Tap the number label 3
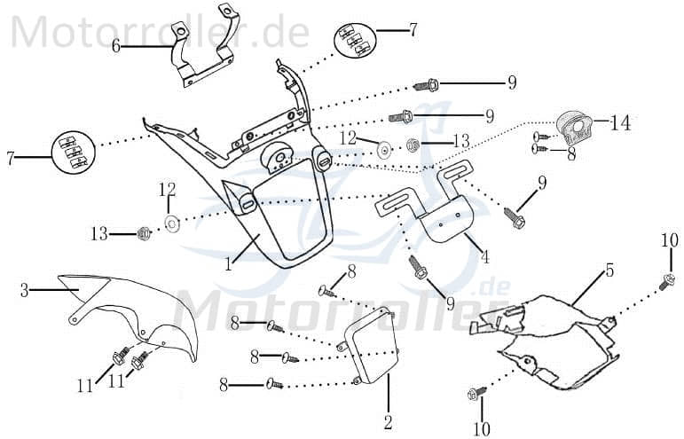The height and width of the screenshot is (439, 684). (x=25, y=289)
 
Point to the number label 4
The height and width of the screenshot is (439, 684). (x=484, y=258)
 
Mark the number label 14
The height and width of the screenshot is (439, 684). (x=620, y=123)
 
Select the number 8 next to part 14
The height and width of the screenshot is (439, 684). (x=571, y=153)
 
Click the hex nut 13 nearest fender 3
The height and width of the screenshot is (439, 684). (x=142, y=234)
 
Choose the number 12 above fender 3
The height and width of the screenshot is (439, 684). (x=169, y=189)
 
